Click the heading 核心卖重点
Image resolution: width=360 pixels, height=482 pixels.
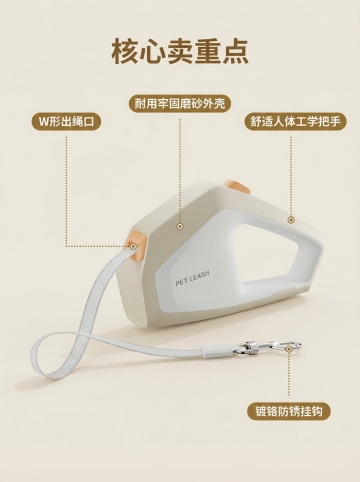180,52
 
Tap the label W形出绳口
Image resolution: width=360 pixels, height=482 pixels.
66,121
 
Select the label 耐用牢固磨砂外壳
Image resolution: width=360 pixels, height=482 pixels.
180,103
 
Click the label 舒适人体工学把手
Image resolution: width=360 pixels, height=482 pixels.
296,121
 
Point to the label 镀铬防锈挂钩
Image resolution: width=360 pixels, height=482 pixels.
289,411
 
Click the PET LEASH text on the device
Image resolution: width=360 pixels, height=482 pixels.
192,278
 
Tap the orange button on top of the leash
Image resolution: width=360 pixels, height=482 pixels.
237,187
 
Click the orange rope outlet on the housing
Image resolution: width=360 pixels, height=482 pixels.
136,246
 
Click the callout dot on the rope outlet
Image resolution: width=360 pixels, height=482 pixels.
133,246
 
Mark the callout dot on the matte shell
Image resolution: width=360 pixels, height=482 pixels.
180,227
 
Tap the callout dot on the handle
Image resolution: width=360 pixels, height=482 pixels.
291,220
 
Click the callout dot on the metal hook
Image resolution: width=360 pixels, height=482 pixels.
289,349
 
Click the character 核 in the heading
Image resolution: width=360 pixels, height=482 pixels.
125,52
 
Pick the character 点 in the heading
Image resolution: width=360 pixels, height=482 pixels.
236,52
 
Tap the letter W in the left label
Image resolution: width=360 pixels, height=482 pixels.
44,122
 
